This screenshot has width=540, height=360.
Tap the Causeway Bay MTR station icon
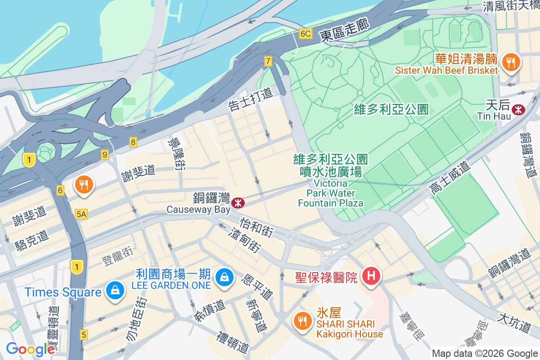[x=238, y=203]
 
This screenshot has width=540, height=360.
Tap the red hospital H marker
[x=371, y=275]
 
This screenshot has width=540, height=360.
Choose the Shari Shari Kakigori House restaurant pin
[x=301, y=320]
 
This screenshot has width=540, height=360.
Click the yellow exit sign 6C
[x=306, y=34]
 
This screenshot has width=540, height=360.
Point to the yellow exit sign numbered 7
[x=268, y=61]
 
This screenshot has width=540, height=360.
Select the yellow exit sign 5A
[x=81, y=215]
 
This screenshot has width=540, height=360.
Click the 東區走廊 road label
[x=345, y=30]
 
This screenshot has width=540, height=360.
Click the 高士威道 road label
[x=450, y=179]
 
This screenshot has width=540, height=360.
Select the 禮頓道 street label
[x=233, y=342]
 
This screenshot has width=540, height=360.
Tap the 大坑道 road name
[x=514, y=324]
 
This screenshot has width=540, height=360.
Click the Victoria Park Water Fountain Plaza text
[x=331, y=193]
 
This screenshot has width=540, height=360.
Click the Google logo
[x=30, y=349]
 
